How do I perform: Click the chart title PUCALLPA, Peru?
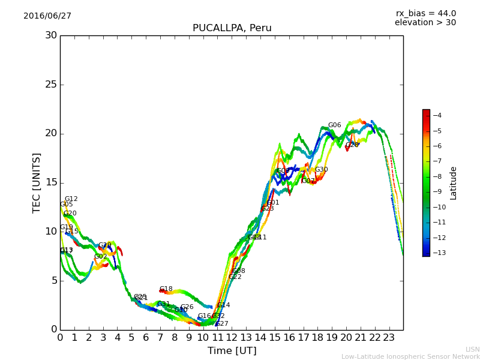(x=232, y=28)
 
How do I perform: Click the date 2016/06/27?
(x=47, y=16)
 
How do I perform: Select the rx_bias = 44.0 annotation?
(x=425, y=14)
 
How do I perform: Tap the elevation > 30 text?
(x=425, y=23)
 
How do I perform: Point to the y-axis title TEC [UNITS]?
(x=37, y=182)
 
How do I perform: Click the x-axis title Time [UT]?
(x=232, y=351)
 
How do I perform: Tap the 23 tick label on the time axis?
(x=389, y=337)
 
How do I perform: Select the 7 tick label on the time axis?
(x=160, y=337)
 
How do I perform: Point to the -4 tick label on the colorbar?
(x=437, y=115)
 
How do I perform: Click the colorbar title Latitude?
(x=454, y=183)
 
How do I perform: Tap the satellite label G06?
(x=334, y=125)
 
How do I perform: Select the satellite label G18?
(x=166, y=289)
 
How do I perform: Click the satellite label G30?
(x=322, y=170)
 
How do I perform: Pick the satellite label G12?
(x=71, y=199)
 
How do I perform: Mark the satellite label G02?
(x=100, y=257)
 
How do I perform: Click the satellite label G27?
(x=222, y=324)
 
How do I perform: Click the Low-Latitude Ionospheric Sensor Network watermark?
(x=410, y=357)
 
